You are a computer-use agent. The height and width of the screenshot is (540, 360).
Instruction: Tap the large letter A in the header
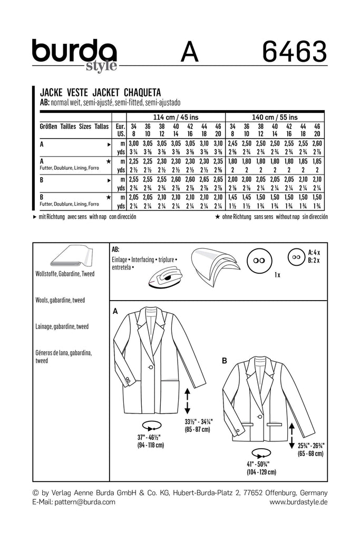[x=189, y=53]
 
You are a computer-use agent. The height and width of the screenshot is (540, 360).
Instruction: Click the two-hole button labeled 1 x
[x=258, y=261]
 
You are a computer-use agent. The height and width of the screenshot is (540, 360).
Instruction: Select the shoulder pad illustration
[x=212, y=266]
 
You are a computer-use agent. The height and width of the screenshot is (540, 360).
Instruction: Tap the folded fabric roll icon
[x=72, y=258]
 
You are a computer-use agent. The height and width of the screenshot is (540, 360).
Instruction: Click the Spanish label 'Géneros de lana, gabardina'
[x=64, y=353]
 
